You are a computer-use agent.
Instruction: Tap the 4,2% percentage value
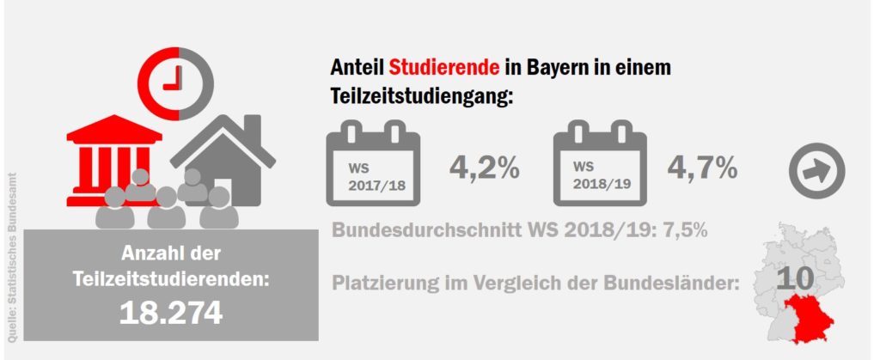coord(485,167)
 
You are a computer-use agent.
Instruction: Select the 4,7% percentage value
coord(702,167)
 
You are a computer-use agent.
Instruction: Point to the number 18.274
coord(170,313)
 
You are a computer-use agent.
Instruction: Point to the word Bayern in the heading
coord(564,67)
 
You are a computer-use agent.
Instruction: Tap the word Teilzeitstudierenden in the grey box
coord(170,279)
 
